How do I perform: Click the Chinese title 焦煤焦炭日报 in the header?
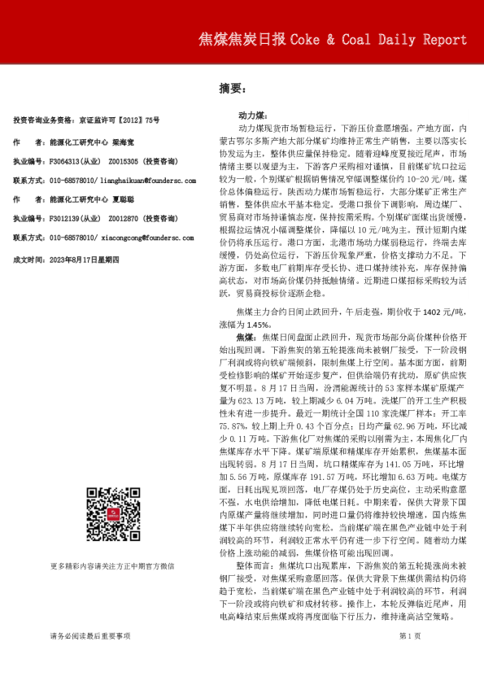241,40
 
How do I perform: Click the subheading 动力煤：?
251,117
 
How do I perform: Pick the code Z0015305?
123,161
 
